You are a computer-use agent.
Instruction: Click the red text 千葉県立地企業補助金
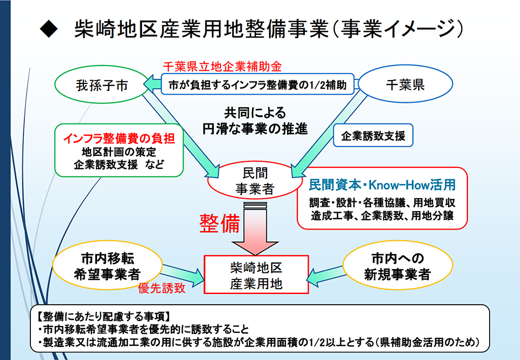pos(222,67)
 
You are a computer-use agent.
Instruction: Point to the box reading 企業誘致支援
pos(373,135)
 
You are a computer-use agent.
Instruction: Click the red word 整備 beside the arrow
pos(219,224)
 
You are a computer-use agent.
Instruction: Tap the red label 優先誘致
pos(162,288)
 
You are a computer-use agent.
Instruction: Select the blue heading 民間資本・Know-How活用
pos(382,185)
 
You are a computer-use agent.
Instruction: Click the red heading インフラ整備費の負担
pos(119,138)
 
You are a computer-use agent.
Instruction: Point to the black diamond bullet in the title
pos(49,29)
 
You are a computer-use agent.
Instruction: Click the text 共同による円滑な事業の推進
pos(255,121)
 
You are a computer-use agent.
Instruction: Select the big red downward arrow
pos(255,229)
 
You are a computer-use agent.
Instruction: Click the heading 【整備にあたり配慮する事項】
pos(103,317)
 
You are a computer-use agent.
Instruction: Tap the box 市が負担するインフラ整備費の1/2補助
pos(258,84)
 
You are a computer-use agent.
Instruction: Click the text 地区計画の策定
pos(119,152)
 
